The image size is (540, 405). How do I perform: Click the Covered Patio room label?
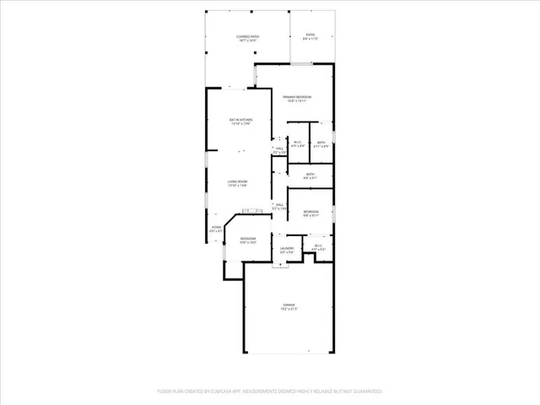(247, 38)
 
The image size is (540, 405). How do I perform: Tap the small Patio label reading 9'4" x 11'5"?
(310, 36)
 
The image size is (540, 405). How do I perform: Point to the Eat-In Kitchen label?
(241, 122)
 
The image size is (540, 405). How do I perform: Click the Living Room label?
(237, 184)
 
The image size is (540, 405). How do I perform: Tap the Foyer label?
(216, 228)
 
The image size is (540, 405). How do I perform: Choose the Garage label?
(289, 307)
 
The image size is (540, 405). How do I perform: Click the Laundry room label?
(287, 250)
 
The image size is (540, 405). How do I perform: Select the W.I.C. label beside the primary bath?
(298, 144)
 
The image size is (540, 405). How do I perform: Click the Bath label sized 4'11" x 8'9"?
(321, 144)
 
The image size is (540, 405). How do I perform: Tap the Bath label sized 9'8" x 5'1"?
(310, 175)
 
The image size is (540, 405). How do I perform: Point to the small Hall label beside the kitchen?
(279, 150)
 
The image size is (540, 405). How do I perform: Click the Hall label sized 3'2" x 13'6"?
(279, 206)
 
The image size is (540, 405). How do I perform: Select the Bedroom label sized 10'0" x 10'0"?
(247, 240)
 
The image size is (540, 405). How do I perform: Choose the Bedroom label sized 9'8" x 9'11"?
(310, 213)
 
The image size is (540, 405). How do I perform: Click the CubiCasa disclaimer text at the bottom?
(270, 391)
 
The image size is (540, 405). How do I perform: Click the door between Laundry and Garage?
(279, 264)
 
